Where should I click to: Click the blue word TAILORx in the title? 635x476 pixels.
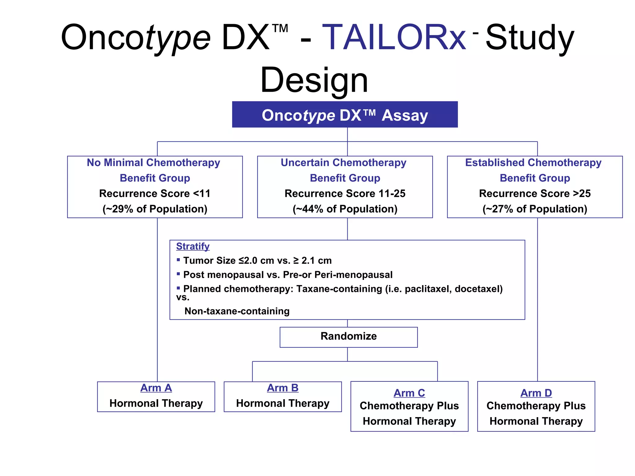click(394, 38)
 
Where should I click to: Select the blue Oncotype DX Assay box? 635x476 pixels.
click(345, 115)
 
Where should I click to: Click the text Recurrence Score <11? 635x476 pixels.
click(155, 193)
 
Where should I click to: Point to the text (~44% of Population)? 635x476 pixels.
click(345, 209)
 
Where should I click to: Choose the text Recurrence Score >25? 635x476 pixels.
click(535, 193)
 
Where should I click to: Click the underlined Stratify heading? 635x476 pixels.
click(193, 246)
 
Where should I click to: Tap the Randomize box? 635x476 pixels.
click(349, 337)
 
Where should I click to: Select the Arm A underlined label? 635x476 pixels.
click(156, 388)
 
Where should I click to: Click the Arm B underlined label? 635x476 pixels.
click(282, 388)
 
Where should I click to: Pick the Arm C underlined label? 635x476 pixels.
click(409, 393)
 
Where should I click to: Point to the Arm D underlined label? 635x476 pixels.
click(536, 393)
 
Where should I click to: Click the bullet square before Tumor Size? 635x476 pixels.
click(178, 260)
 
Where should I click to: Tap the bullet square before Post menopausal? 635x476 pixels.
click(178, 274)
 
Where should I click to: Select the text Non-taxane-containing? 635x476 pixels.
click(237, 311)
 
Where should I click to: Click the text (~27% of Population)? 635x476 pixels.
click(535, 209)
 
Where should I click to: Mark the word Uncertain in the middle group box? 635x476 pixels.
click(304, 162)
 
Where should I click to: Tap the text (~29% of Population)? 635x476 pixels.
click(155, 209)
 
